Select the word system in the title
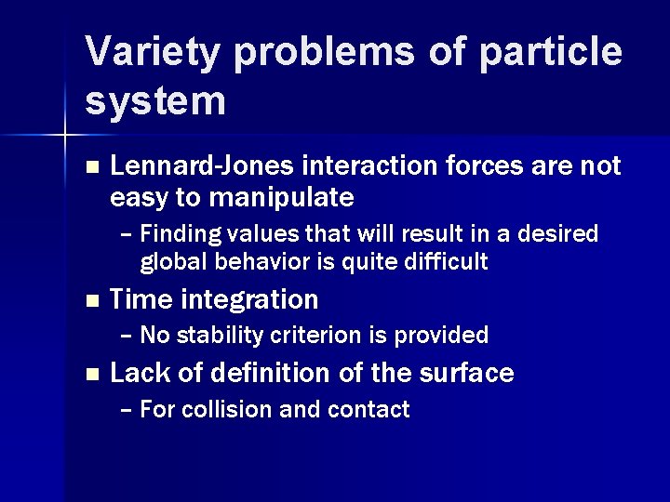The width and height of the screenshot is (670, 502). [155, 100]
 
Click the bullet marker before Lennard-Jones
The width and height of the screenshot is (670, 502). [90, 166]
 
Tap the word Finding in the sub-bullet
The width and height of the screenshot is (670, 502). [177, 232]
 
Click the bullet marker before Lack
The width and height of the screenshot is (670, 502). [90, 375]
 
